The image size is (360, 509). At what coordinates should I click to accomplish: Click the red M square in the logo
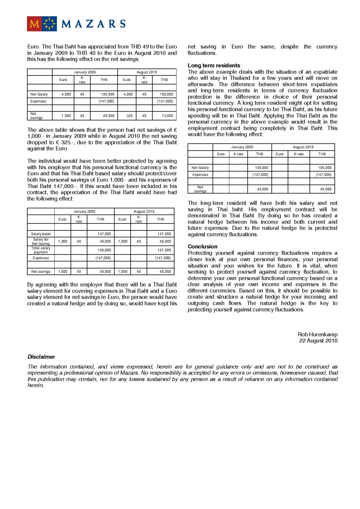point(34,24)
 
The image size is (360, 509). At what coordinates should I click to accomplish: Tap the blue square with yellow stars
point(49,24)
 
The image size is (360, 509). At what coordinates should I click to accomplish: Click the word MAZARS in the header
point(93,24)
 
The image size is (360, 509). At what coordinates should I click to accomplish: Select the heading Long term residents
point(214,65)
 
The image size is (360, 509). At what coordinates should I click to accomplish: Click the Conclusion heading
point(202,246)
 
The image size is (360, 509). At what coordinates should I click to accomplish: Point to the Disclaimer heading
point(41,357)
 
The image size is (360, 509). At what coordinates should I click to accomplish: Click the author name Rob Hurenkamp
point(317,334)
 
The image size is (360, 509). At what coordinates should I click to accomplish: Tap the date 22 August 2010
point(318,340)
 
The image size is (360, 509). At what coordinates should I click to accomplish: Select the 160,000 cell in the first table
point(166,94)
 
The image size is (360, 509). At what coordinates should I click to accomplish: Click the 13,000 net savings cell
point(167,116)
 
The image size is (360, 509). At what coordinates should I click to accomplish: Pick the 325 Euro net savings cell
point(129,116)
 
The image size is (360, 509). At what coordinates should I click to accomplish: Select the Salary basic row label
point(41,234)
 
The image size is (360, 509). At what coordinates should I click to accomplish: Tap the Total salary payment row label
point(41,250)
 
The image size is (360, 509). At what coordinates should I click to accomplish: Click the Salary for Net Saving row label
point(41,242)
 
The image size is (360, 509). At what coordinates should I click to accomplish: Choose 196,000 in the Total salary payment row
point(104,250)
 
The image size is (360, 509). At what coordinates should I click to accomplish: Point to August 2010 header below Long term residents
point(303,147)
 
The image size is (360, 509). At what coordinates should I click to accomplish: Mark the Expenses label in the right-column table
point(200,175)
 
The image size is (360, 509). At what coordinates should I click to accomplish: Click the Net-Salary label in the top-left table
point(39,94)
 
